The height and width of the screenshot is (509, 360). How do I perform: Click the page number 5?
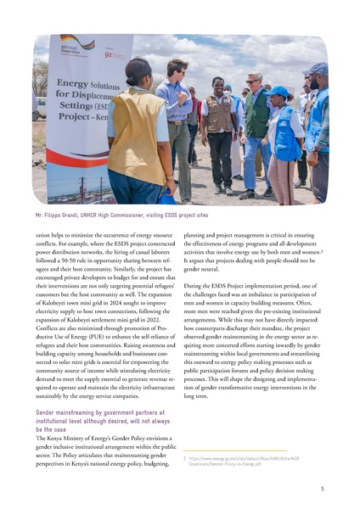click(x=322, y=489)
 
